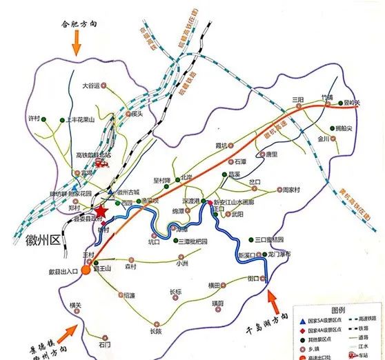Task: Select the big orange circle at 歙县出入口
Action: coord(86,269)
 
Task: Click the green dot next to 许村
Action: coord(43,120)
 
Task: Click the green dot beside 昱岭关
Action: coord(342,107)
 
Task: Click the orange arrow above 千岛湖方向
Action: coord(272,299)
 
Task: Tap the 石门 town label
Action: coord(104,344)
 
